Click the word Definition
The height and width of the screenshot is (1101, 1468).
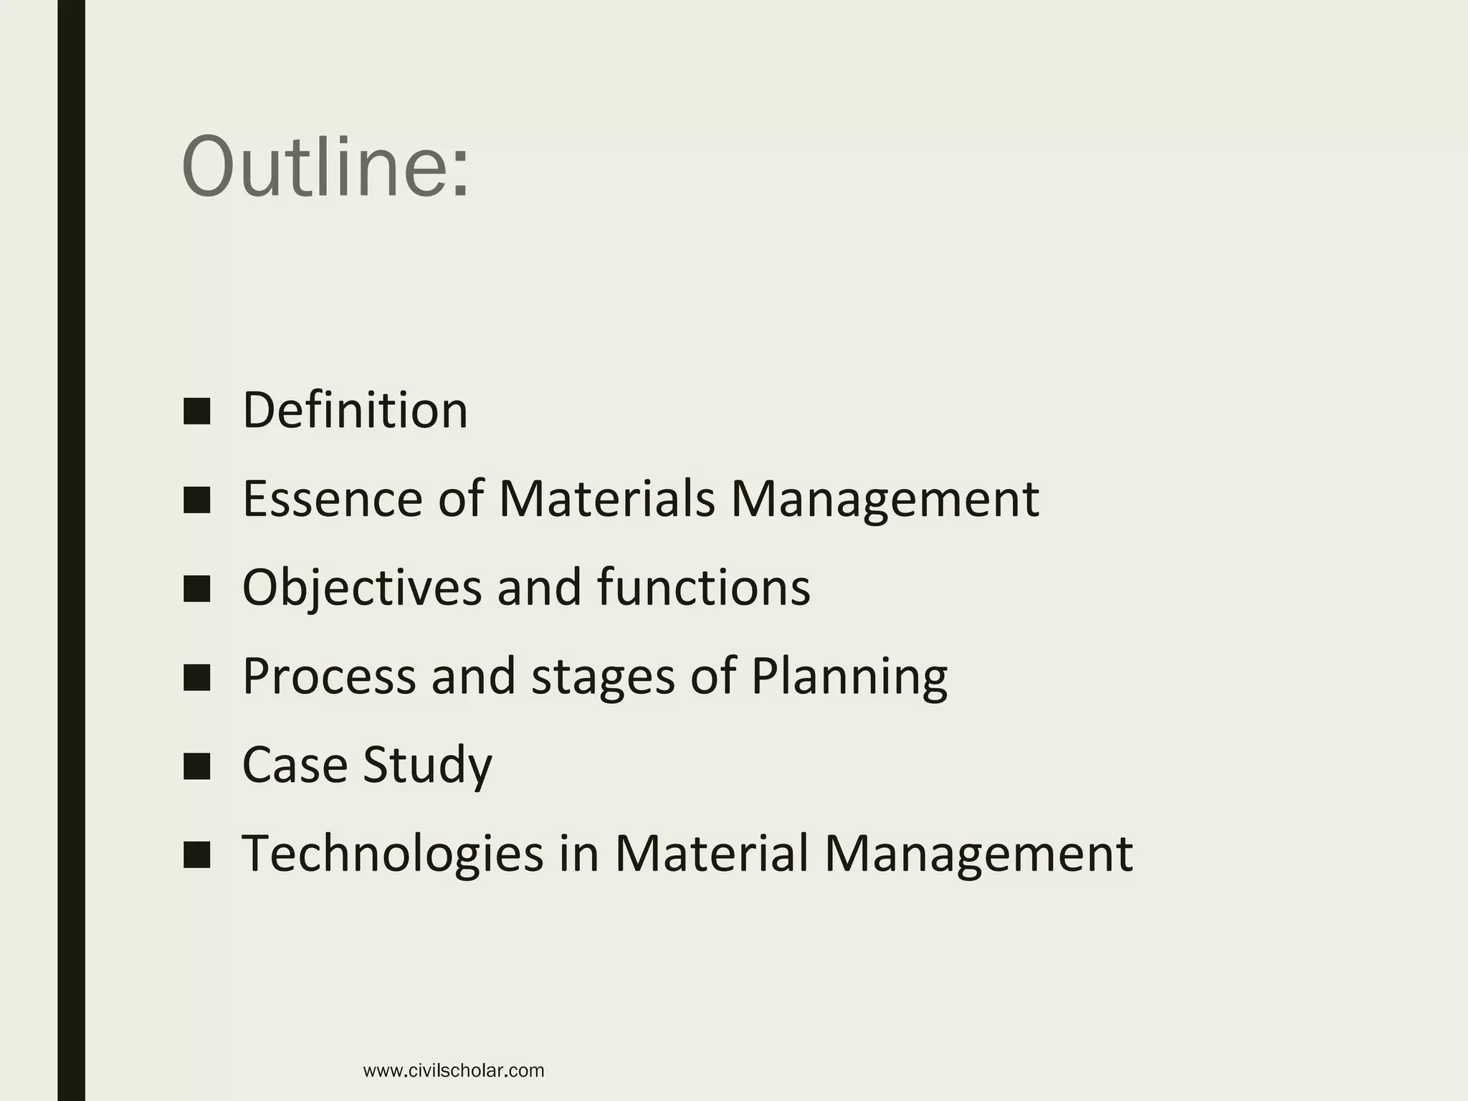point(355,410)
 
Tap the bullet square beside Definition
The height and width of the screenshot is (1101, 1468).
point(196,411)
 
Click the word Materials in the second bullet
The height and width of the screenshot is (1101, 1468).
point(606,499)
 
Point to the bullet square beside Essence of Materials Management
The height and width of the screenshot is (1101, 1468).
point(196,500)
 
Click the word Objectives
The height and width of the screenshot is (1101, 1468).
point(361,588)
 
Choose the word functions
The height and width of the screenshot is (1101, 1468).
point(703,588)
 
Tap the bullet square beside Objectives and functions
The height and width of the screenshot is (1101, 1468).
point(196,589)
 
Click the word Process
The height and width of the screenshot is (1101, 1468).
point(329,676)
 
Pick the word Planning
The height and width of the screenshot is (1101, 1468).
point(849,677)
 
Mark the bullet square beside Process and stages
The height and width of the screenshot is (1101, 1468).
point(196,677)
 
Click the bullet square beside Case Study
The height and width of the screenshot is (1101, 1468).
point(196,766)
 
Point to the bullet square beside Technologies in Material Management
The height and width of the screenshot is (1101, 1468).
point(196,855)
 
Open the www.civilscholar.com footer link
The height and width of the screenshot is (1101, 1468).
point(454,1071)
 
